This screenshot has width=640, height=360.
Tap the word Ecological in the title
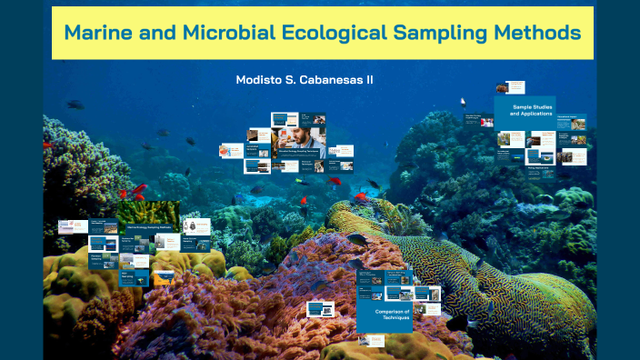[x=335, y=33]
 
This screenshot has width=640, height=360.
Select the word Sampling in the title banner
[x=436, y=33]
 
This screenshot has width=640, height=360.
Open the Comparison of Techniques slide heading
[x=393, y=315]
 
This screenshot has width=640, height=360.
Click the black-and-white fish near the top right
[x=462, y=103]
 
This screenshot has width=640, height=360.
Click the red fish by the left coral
[x=139, y=190]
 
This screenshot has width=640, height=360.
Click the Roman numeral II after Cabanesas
[x=369, y=80]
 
